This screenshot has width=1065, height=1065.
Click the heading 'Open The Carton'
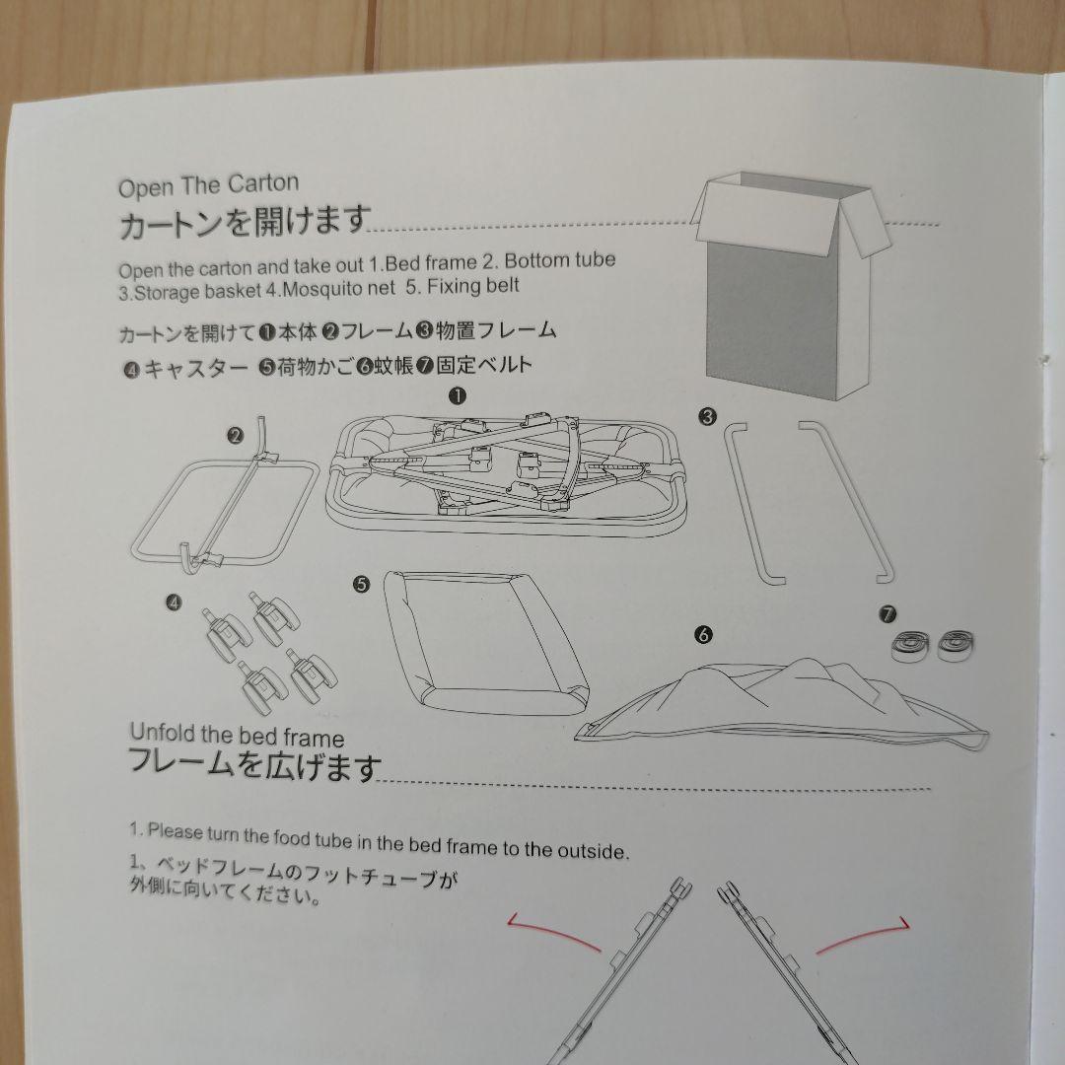pos(208,184)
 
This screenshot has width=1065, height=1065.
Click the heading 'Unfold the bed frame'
pos(237,736)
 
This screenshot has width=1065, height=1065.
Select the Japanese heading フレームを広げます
pos(254,765)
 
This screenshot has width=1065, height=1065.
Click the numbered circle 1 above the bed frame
pos(457,395)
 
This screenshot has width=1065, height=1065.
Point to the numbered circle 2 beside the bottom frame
pos(235,436)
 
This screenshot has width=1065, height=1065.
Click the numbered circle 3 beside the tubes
pos(706,416)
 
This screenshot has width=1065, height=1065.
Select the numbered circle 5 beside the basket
pos(361,584)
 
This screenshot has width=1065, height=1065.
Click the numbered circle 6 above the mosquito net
pos(702,635)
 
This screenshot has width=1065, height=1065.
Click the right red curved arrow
pos(862,936)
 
